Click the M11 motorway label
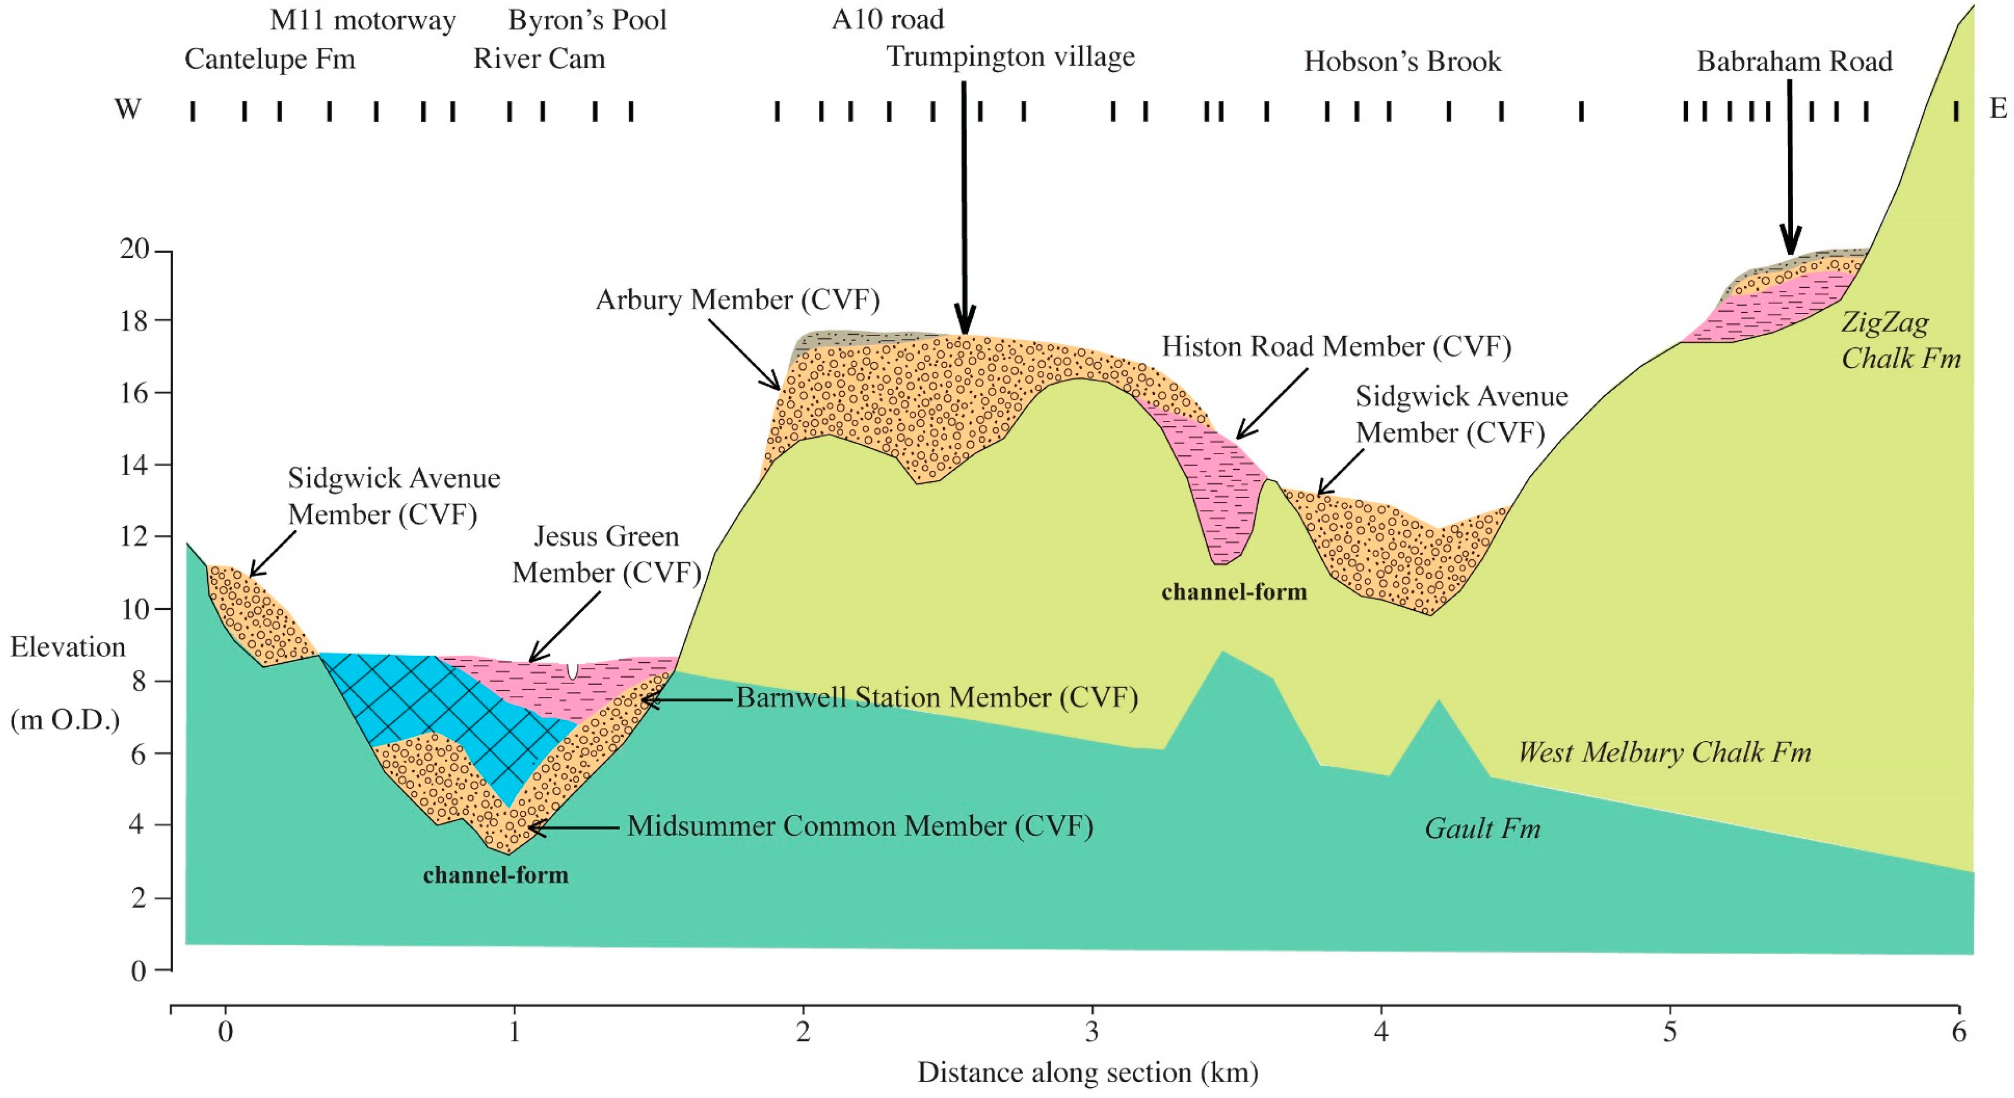(362, 20)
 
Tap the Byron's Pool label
(587, 20)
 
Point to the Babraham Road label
(1794, 62)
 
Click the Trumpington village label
(1010, 57)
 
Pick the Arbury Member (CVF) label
(738, 300)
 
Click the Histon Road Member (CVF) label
(1336, 346)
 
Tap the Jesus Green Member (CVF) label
(606, 555)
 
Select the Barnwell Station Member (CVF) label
(937, 698)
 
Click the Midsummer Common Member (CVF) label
(859, 826)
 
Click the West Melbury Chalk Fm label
(1664, 752)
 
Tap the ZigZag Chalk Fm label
(1900, 340)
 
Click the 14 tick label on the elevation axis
(134, 465)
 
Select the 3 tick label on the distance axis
(1092, 1033)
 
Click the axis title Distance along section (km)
(1088, 1072)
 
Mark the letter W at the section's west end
(127, 109)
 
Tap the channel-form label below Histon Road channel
(1234, 592)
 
